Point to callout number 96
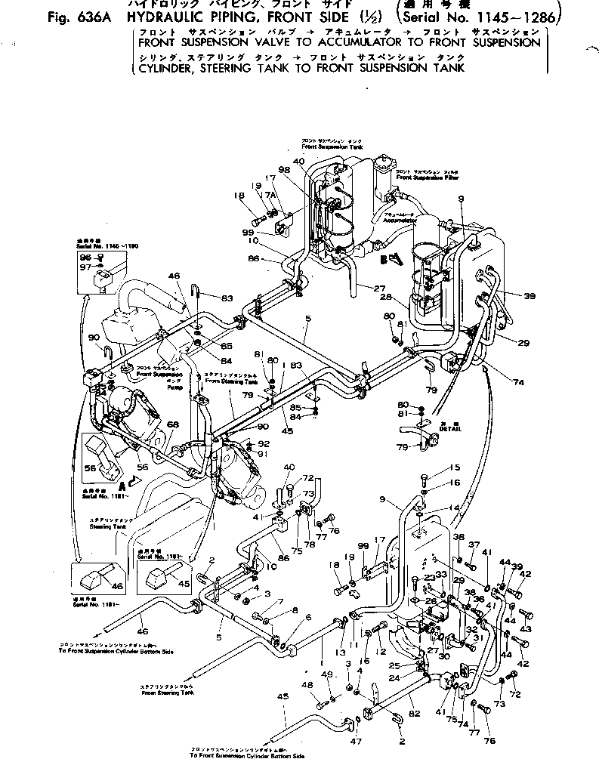tap(85, 257)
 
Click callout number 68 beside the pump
tap(174, 426)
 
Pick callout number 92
tap(263, 444)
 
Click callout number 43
tap(526, 629)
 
